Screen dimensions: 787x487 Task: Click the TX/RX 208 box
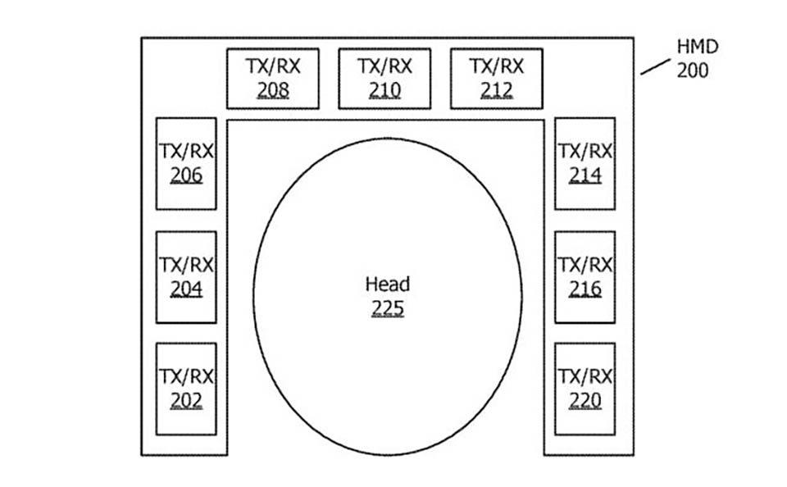coord(272,79)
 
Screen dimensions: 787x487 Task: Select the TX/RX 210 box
coord(384,79)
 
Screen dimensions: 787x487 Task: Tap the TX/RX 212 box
coord(497,79)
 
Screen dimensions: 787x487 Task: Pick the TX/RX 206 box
coord(186,164)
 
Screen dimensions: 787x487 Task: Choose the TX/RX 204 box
coord(186,277)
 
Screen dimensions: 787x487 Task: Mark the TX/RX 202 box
coord(186,389)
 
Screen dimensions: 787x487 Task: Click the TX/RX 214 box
coord(585,164)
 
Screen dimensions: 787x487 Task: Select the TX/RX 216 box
coord(585,277)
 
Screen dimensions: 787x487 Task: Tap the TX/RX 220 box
coord(585,389)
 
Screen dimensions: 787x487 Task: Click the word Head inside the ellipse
coord(388,284)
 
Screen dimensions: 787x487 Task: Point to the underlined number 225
coord(388,308)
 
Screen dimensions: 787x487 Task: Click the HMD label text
coord(698,47)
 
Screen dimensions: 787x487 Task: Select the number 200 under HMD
coord(693,71)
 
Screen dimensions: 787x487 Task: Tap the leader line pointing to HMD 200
coord(655,66)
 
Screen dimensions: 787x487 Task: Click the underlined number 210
coord(384,90)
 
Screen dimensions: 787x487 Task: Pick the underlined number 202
coord(186,401)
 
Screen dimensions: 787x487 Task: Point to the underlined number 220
coord(585,401)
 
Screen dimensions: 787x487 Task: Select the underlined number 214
coord(585,175)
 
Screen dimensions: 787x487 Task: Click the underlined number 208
coord(273,90)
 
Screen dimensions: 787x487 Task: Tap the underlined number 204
coord(186,289)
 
